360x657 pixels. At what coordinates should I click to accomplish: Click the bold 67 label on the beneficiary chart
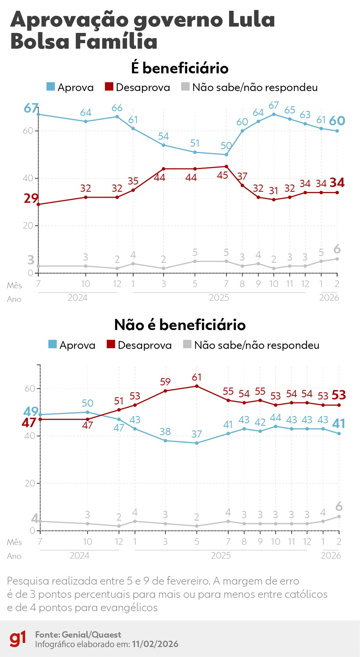coord(31,108)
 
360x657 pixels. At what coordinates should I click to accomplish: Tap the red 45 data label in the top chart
coord(222,175)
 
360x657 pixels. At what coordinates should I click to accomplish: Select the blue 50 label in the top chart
coord(226,146)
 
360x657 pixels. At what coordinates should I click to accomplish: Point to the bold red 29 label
coord(31,198)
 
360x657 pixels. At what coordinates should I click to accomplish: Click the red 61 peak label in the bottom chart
coord(196,377)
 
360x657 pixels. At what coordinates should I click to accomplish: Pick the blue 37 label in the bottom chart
coord(196,434)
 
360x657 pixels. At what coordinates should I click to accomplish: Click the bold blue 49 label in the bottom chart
coord(31,412)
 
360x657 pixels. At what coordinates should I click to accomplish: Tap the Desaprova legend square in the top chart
coord(109,87)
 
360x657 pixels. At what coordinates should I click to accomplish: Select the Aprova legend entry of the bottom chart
coord(72,345)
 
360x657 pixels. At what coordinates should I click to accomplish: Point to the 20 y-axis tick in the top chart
coord(28,226)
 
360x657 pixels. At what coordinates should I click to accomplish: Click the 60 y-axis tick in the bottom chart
coord(30,388)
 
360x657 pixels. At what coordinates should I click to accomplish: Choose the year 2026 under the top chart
coord(329,298)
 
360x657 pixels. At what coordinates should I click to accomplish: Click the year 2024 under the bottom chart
coord(79,555)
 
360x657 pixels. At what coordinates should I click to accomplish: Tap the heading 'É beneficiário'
coord(180,68)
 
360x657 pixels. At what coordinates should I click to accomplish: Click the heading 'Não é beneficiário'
coord(180,325)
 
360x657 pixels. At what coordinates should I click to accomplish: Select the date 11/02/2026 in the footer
coord(155,644)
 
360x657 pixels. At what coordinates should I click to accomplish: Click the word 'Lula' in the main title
coord(251,19)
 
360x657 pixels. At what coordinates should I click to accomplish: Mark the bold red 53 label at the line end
coord(338,395)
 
